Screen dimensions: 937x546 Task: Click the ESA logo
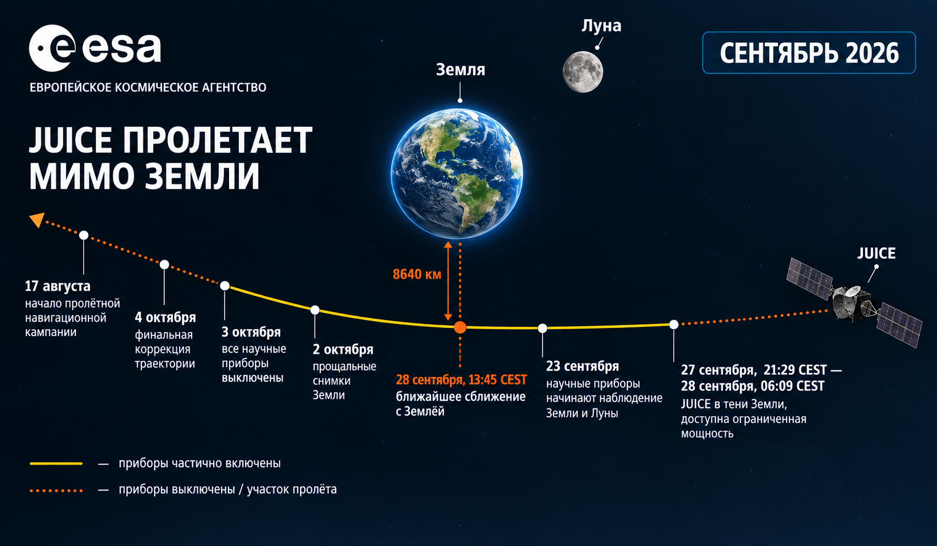(95, 48)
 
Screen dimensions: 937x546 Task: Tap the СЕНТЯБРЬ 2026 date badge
(809, 52)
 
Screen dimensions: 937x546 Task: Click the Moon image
(582, 71)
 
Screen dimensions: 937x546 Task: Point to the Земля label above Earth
(461, 70)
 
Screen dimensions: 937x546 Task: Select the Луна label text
(601, 26)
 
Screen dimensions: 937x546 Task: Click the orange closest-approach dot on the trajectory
(460, 327)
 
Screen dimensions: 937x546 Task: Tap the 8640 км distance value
(417, 274)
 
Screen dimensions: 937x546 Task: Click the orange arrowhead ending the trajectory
(37, 220)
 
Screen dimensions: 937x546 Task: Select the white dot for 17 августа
(84, 235)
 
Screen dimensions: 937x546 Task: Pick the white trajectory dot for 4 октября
(164, 265)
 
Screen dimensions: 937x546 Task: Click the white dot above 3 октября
(225, 286)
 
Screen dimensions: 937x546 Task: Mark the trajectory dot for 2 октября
(315, 310)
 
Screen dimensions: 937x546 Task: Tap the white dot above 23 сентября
(543, 328)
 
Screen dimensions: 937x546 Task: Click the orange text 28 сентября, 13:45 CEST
(461, 380)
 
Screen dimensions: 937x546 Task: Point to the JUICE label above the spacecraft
(877, 253)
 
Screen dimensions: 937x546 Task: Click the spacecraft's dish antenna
(852, 292)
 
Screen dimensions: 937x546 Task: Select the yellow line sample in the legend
(56, 463)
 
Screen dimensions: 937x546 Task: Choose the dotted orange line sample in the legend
(56, 490)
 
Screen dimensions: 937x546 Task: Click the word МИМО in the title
(80, 176)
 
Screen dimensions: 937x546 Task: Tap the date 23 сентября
(582, 366)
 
